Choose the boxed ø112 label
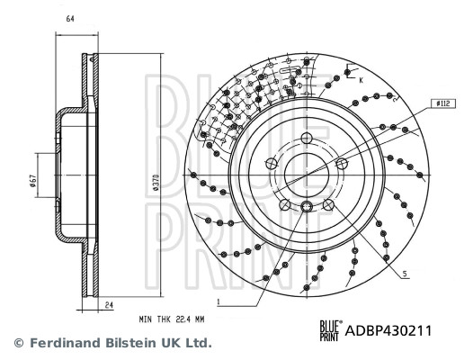coord(441,103)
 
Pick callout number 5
coord(405,274)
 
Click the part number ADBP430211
coord(388,330)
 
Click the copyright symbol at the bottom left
coord(17,343)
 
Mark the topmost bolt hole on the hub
coord(306,138)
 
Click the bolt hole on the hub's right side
coord(342,163)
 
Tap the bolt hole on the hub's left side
coord(272,164)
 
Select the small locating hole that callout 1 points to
coord(307,209)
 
